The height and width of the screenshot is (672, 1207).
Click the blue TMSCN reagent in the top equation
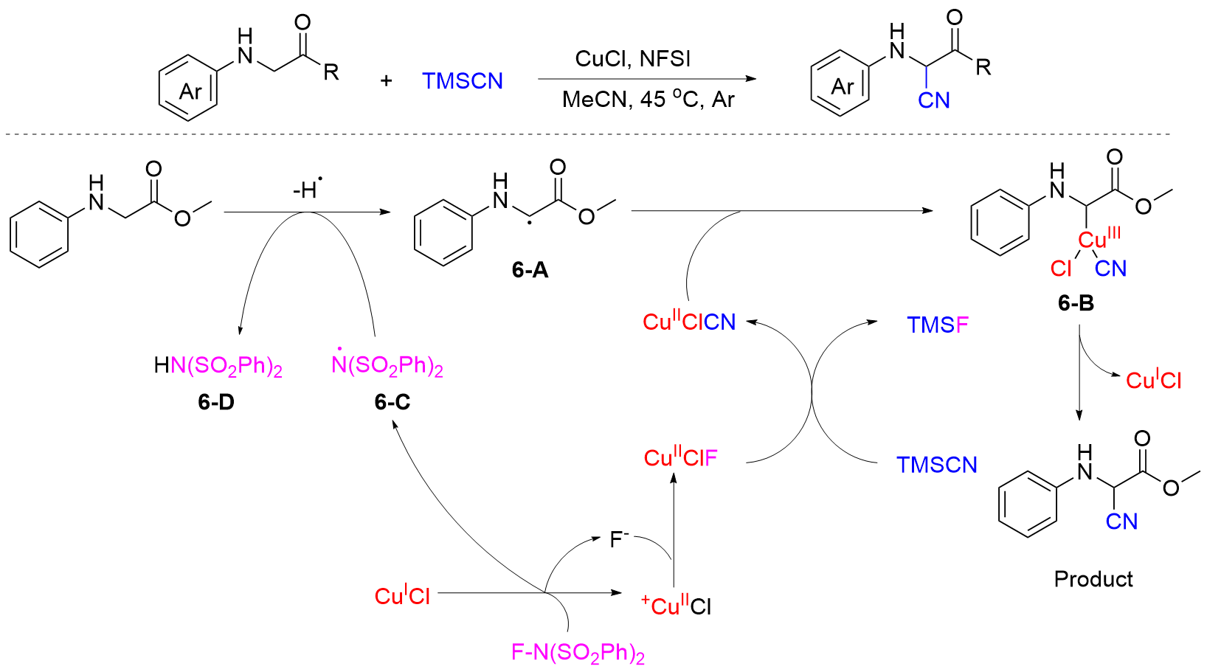tap(463, 81)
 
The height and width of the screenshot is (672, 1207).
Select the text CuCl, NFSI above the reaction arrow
tap(632, 59)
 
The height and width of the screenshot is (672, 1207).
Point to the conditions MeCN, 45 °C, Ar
tap(648, 100)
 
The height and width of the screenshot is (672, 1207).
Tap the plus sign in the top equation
tap(386, 81)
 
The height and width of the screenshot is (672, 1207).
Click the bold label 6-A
tap(530, 271)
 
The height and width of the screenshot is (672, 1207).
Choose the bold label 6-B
tap(1076, 303)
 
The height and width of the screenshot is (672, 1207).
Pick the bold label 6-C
tap(392, 402)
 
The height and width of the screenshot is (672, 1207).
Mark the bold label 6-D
tap(216, 402)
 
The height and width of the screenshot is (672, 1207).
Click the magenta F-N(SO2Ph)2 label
tap(578, 653)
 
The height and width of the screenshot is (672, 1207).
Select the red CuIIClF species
tap(680, 458)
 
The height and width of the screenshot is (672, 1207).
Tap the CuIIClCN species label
tap(689, 322)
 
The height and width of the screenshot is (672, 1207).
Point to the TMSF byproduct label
tap(937, 325)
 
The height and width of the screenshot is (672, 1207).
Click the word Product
tap(1093, 579)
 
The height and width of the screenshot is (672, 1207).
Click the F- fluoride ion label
tap(618, 539)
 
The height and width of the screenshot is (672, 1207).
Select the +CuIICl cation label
tap(676, 606)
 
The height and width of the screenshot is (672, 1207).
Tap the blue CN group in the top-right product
tap(933, 100)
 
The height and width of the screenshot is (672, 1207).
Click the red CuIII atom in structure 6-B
tap(1099, 239)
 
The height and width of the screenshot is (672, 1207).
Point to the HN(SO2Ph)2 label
tap(218, 366)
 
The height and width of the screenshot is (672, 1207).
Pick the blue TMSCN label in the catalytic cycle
tap(937, 465)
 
